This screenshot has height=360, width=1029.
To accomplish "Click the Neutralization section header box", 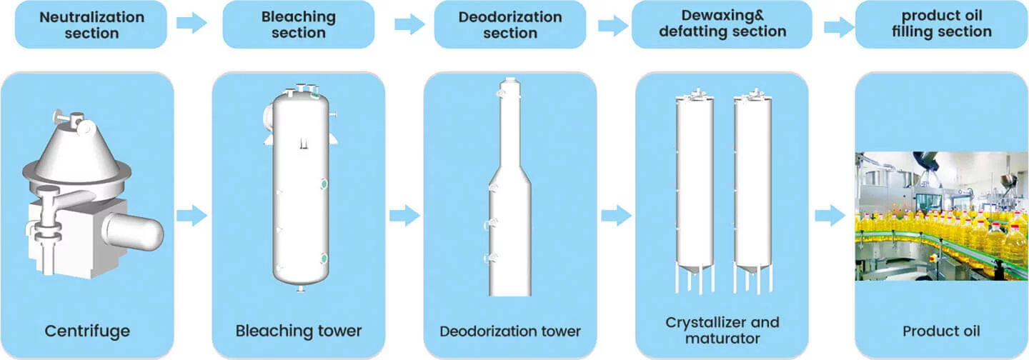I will (x=91, y=24).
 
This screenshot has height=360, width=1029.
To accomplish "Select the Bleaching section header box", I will (x=299, y=24).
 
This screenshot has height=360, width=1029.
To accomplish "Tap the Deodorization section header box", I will (x=509, y=24).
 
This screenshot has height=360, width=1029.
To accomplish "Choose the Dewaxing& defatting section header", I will (x=722, y=24).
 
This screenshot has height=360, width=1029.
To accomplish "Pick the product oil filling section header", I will (x=941, y=24).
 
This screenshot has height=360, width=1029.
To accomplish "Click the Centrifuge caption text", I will (x=86, y=331).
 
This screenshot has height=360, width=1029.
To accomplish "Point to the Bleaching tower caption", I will (x=299, y=331).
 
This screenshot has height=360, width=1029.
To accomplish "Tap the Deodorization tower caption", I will (x=510, y=331).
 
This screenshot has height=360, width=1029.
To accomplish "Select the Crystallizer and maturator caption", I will (x=722, y=330).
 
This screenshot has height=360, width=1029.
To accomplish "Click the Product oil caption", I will (x=941, y=331).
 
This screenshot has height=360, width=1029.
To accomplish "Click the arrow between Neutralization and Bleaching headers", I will (x=192, y=23).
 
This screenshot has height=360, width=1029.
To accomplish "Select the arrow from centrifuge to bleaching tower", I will (x=192, y=214).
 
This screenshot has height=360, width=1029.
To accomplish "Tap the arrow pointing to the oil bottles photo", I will (x=830, y=214).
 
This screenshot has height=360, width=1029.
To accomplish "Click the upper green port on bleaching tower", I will (x=324, y=185).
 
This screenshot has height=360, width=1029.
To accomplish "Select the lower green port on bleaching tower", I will (x=324, y=258).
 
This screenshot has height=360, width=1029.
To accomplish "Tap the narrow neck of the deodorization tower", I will (x=509, y=129).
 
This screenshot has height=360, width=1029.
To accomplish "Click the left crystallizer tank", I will (x=695, y=186).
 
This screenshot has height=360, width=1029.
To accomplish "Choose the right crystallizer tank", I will (x=752, y=186).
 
